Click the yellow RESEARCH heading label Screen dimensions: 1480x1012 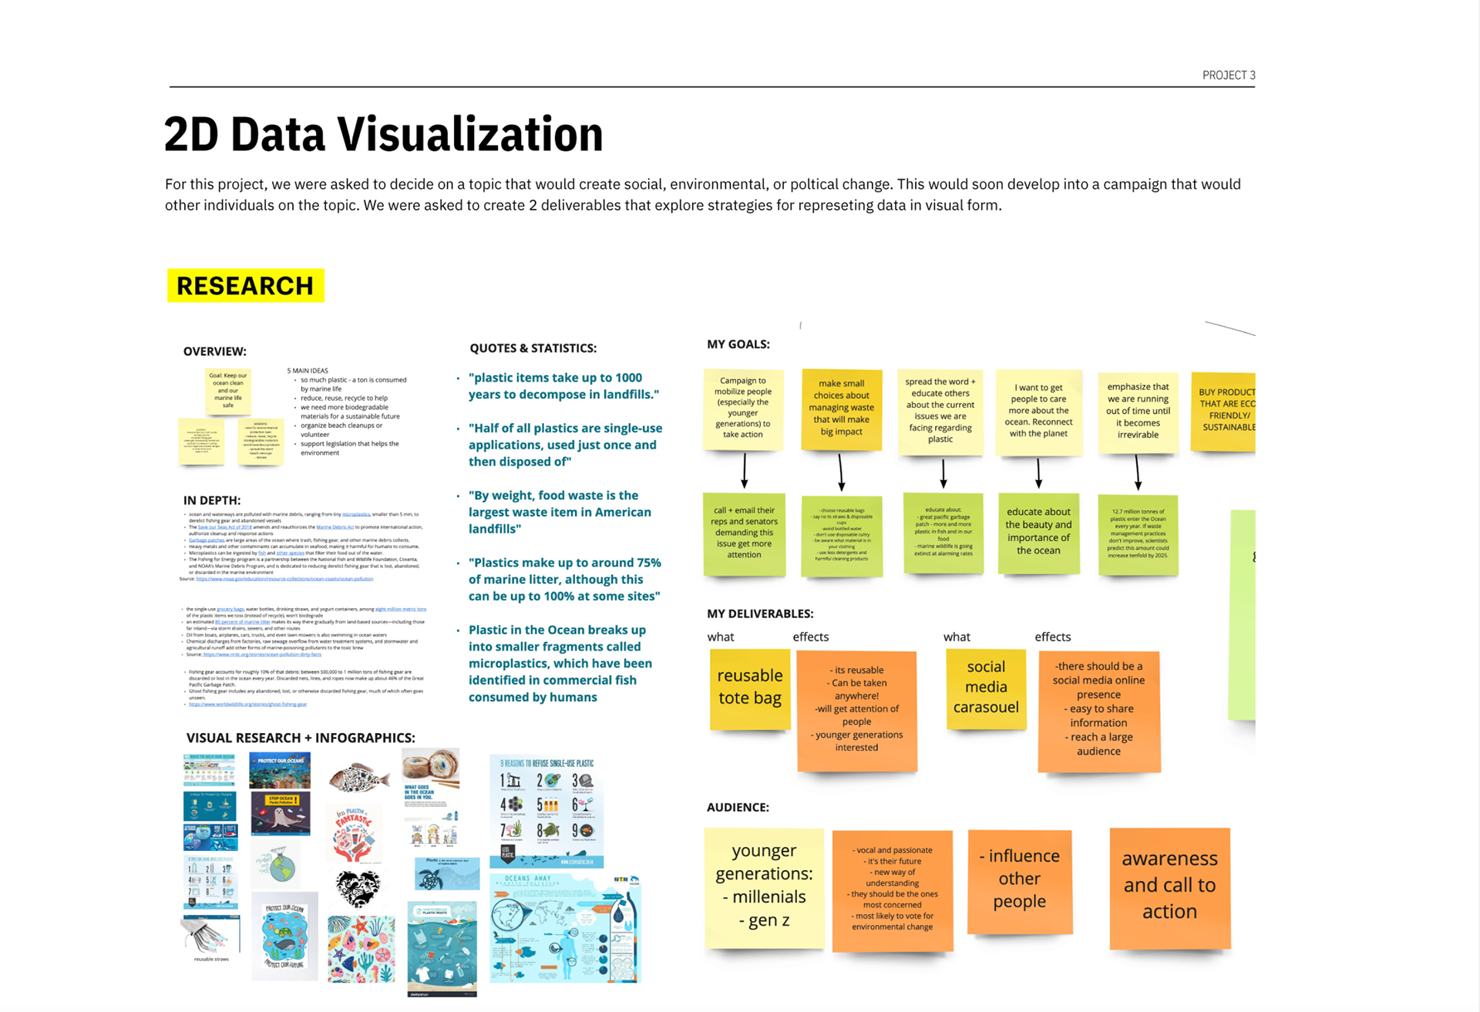(245, 286)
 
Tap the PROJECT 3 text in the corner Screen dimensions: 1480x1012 (1229, 75)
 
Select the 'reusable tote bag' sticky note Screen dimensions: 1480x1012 (750, 688)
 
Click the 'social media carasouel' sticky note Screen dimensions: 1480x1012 (986, 688)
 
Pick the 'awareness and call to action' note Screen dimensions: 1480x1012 (1169, 886)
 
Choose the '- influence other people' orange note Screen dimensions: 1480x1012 (1019, 880)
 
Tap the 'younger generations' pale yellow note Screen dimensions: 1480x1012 (764, 886)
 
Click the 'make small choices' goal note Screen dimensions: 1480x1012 (841, 408)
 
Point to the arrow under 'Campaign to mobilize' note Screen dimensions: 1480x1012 (745, 470)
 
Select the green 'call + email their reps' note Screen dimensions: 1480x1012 (744, 533)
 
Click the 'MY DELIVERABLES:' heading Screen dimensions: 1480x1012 (760, 614)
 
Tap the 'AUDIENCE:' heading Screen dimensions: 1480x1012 (738, 807)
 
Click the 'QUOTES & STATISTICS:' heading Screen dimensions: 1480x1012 (533, 348)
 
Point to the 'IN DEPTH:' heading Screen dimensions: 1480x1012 (212, 500)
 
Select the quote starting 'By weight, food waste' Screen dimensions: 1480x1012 (560, 512)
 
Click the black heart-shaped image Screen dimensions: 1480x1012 (358, 889)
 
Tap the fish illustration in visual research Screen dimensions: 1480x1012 (358, 778)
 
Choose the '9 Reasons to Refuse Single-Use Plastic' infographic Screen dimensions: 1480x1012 (547, 809)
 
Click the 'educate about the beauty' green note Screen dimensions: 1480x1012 (1038, 532)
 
